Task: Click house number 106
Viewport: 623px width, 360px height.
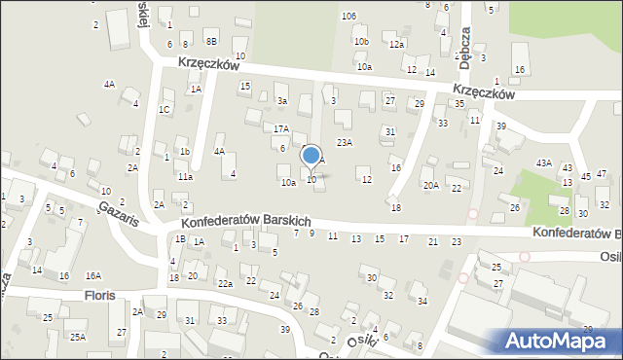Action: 348,17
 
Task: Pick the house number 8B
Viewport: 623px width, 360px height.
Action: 211,42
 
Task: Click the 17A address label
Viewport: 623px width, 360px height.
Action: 280,128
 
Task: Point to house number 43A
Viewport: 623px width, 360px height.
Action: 543,163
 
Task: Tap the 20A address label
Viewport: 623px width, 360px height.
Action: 430,185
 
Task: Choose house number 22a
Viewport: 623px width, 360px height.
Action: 225,283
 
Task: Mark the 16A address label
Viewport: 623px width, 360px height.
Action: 93,276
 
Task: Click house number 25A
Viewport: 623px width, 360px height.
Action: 77,337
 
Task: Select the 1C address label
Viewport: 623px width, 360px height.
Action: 165,109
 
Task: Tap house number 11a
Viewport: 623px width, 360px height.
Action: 185,177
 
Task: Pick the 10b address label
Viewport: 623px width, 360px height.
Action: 361,42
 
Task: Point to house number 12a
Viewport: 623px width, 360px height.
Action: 395,45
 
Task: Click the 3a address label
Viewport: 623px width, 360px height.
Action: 282,100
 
